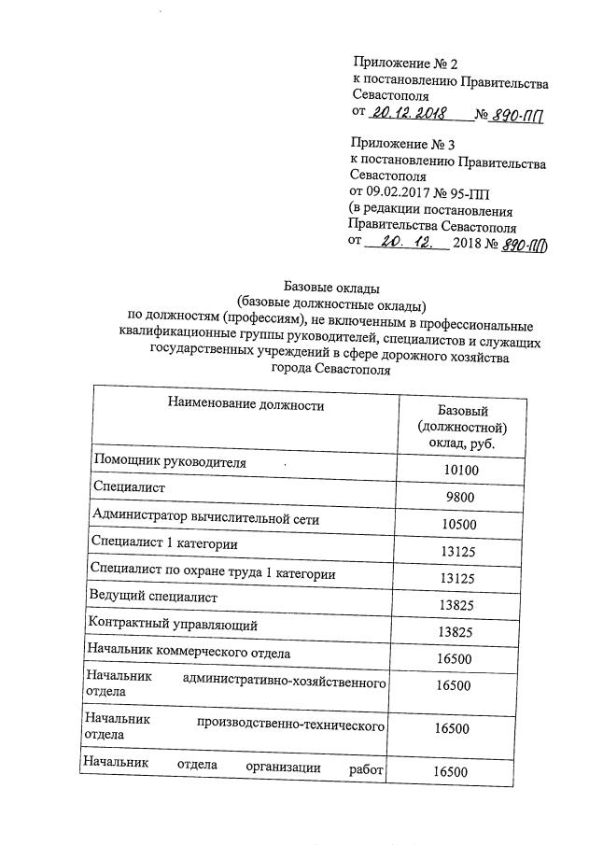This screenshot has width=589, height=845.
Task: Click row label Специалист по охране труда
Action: point(212,570)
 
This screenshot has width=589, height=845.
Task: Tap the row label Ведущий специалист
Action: point(153,596)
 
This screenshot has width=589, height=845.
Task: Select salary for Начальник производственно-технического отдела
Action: point(452,728)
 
